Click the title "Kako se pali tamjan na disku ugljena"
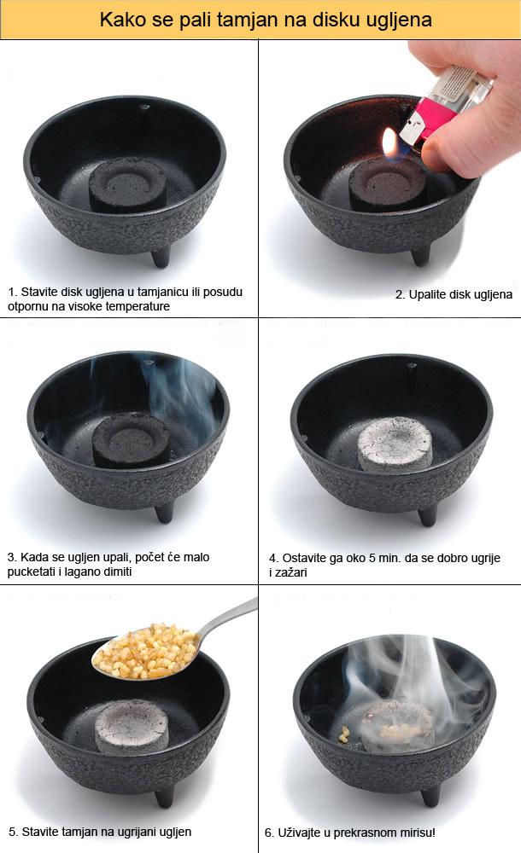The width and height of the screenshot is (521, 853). [x=266, y=20]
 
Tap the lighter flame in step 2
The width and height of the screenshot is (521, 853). [x=390, y=143]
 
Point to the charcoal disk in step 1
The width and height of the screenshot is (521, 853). [x=129, y=184]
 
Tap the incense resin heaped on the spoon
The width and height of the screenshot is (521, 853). [x=146, y=651]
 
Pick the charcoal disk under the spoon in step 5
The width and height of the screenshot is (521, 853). [x=132, y=726]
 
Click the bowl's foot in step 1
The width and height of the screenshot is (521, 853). [x=161, y=256]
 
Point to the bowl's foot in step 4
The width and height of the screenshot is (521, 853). [x=427, y=514]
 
